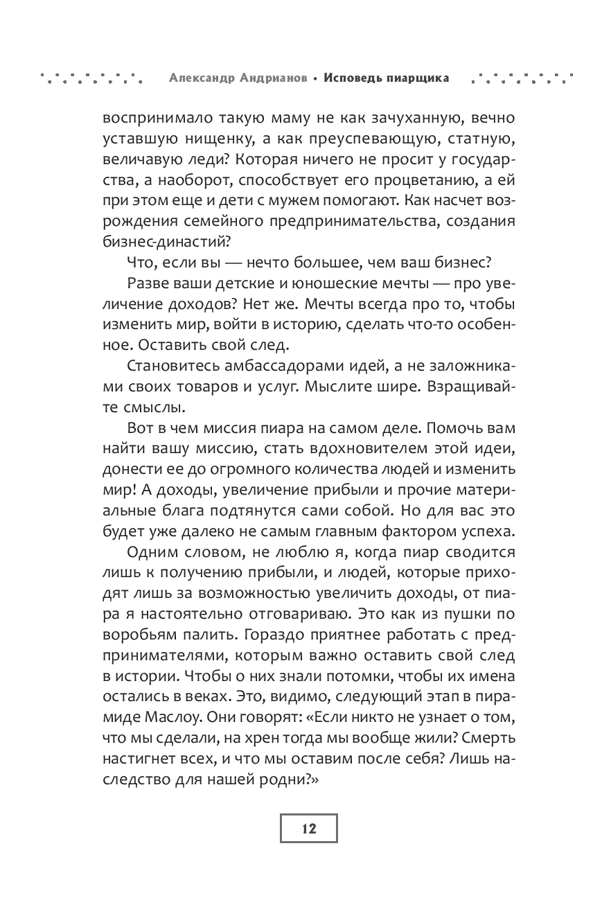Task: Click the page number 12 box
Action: pyautogui.click(x=308, y=828)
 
